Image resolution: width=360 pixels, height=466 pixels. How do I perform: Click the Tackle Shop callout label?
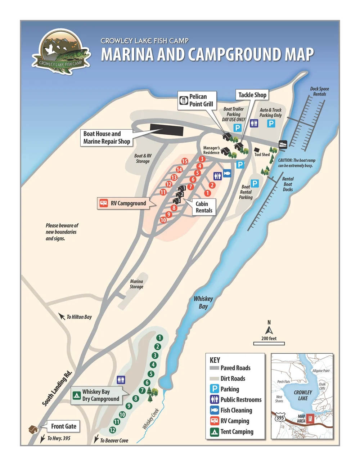[252, 95]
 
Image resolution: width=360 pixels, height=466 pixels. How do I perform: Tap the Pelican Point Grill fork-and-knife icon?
[184, 100]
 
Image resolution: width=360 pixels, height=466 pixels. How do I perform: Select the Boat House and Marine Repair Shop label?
[107, 138]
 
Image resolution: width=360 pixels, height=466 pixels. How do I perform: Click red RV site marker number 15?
[185, 161]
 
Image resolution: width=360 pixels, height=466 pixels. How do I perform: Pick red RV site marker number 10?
[163, 220]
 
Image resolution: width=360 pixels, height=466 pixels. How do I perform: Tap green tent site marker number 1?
[159, 338]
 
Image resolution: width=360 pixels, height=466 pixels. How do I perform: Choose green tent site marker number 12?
[113, 430]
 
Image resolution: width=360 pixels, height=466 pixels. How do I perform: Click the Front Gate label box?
[63, 426]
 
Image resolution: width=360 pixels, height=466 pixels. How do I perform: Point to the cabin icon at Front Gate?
[33, 429]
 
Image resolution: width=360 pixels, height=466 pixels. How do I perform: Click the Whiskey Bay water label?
[203, 303]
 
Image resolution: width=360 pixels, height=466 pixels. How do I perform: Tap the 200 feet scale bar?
[269, 343]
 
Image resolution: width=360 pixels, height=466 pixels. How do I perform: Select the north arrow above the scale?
[269, 330]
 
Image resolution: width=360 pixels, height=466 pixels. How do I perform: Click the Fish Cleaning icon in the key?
[215, 410]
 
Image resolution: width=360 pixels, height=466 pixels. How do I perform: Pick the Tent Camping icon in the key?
[215, 432]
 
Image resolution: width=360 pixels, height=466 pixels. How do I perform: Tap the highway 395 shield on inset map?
[280, 418]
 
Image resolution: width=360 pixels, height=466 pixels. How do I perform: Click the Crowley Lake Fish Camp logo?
[61, 51]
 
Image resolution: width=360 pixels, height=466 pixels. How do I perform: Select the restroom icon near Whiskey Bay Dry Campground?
[121, 380]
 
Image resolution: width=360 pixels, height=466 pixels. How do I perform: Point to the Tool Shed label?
[262, 154]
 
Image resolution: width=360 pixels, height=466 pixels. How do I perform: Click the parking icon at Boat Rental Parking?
[255, 184]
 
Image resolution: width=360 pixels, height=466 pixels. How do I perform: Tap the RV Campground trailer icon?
[104, 203]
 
